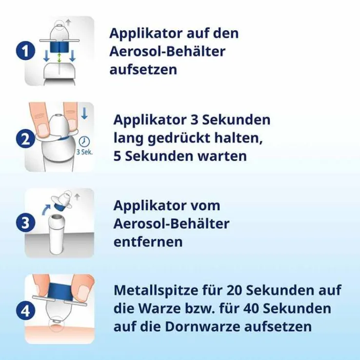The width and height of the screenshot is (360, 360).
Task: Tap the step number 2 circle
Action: click(24, 139)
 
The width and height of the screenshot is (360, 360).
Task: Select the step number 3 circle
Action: click(24, 223)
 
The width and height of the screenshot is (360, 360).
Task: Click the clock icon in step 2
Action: click(85, 141)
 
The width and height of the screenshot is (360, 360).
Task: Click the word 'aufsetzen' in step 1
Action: click(143, 69)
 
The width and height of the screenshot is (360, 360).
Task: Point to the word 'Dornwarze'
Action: click(205, 326)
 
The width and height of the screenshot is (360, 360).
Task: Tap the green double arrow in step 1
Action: click(60, 58)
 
